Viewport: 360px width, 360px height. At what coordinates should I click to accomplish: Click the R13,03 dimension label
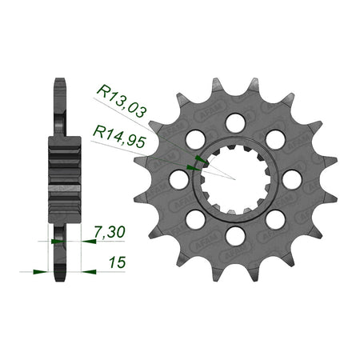(x=122, y=102)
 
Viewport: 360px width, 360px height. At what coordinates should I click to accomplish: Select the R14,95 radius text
(x=119, y=137)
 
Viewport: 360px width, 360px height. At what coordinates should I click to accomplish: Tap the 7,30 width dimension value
(x=110, y=232)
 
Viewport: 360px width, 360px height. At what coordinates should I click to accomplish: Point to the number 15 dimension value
(x=117, y=262)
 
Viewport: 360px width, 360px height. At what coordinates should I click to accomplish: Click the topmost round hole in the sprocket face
(x=235, y=123)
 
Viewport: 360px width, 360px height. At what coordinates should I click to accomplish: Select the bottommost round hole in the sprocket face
(x=235, y=236)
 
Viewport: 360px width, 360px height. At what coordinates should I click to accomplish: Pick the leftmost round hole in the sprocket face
(x=179, y=179)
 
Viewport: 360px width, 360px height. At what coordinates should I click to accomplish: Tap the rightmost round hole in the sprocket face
(x=292, y=179)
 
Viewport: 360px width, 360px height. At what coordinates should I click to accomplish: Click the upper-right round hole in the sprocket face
(x=275, y=139)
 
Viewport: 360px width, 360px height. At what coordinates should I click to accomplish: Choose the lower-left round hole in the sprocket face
(x=195, y=219)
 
